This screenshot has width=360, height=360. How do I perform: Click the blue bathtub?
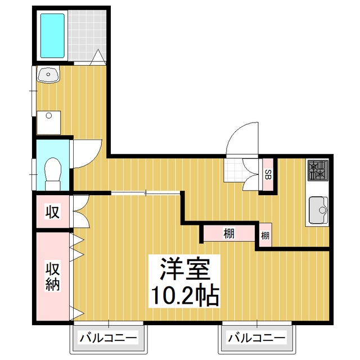pyautogui.click(x=52, y=34)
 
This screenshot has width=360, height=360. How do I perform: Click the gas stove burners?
pyautogui.click(x=317, y=170)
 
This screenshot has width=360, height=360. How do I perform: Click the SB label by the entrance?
pyautogui.click(x=268, y=174)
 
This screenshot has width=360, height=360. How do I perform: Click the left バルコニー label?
pyautogui.click(x=107, y=338)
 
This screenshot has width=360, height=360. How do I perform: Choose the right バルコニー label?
pyautogui.click(x=256, y=338)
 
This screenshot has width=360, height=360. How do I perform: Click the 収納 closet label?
pyautogui.click(x=52, y=277)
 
